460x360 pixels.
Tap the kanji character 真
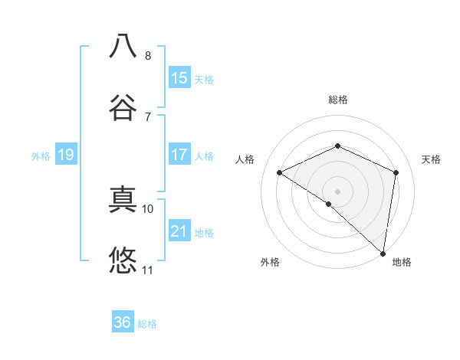[x=123, y=198]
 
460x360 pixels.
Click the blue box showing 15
[x=179, y=78]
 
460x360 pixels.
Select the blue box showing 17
[x=179, y=155]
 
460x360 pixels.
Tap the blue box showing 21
[x=179, y=231]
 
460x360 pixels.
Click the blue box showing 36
[x=123, y=322]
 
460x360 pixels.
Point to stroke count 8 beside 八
[x=148, y=56]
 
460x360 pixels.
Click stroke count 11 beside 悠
[x=148, y=270]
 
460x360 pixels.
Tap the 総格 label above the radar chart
[x=338, y=100]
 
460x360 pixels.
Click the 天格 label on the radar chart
[x=431, y=159]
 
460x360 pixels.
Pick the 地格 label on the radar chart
[x=402, y=263]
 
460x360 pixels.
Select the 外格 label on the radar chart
[x=270, y=263]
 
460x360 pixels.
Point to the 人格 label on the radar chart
[x=245, y=159]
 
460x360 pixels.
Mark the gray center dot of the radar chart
[x=338, y=191]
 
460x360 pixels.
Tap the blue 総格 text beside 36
[x=148, y=324]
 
